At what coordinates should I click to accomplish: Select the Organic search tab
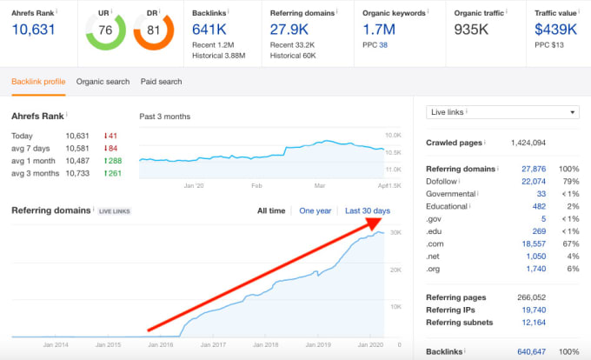pyautogui.click(x=103, y=82)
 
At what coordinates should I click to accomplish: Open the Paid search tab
pyautogui.click(x=162, y=82)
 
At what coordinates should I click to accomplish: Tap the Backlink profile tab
pyautogui.click(x=38, y=82)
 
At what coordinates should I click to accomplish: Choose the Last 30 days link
pyautogui.click(x=367, y=211)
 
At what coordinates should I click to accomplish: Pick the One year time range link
pyautogui.click(x=315, y=211)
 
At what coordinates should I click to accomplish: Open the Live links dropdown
pyautogui.click(x=502, y=112)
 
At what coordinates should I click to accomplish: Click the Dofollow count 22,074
pyautogui.click(x=533, y=181)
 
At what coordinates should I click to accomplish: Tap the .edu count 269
pyautogui.click(x=538, y=231)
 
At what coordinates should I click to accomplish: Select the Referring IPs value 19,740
pyautogui.click(x=533, y=310)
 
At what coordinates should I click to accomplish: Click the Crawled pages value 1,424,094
pyautogui.click(x=528, y=143)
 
